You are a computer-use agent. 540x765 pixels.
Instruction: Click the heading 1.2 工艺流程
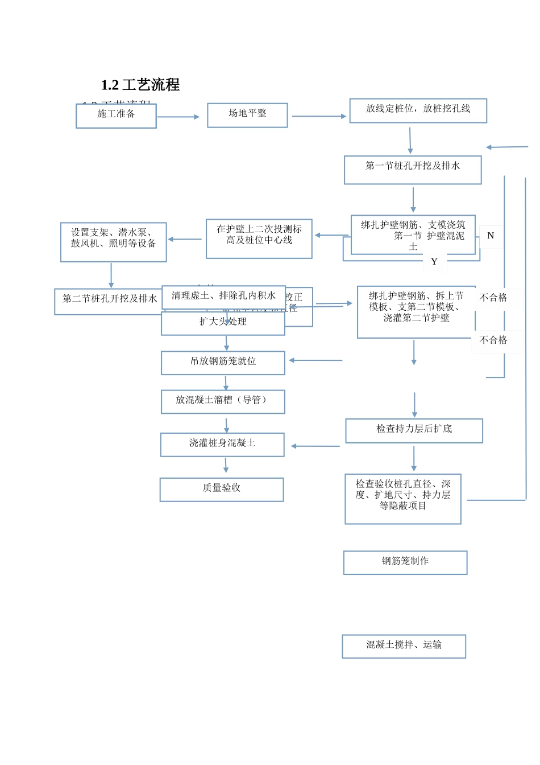(x=140, y=85)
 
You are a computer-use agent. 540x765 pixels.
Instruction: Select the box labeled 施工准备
(x=116, y=116)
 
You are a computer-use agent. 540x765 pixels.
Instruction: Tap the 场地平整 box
(x=247, y=115)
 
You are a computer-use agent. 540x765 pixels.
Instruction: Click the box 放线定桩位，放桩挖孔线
(x=418, y=110)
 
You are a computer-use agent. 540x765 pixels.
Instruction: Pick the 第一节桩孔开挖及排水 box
(x=413, y=170)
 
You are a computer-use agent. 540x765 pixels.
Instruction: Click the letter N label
(x=491, y=236)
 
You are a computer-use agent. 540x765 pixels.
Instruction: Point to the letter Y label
(x=434, y=262)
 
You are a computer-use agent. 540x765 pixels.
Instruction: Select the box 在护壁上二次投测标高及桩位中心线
(x=259, y=238)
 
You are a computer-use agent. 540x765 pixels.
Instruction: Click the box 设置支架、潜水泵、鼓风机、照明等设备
(x=113, y=242)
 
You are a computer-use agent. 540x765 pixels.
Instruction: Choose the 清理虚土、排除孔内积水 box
(x=223, y=297)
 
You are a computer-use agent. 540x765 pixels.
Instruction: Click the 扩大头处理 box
(x=223, y=323)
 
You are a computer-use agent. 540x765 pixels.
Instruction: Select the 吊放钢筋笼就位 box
(x=223, y=363)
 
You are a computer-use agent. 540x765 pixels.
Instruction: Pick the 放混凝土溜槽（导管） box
(x=223, y=401)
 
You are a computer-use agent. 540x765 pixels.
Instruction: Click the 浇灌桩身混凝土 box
(x=222, y=445)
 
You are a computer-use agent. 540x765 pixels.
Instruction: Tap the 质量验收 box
(x=222, y=490)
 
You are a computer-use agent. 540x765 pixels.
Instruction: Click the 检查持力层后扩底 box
(x=414, y=430)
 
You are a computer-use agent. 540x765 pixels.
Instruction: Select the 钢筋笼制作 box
(x=405, y=562)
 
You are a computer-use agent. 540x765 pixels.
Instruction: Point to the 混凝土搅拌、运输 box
(x=404, y=646)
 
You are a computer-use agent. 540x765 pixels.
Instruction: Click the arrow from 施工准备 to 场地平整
(x=178, y=117)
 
